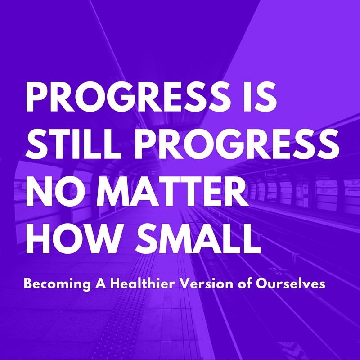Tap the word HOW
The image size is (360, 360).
[x=71, y=238]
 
